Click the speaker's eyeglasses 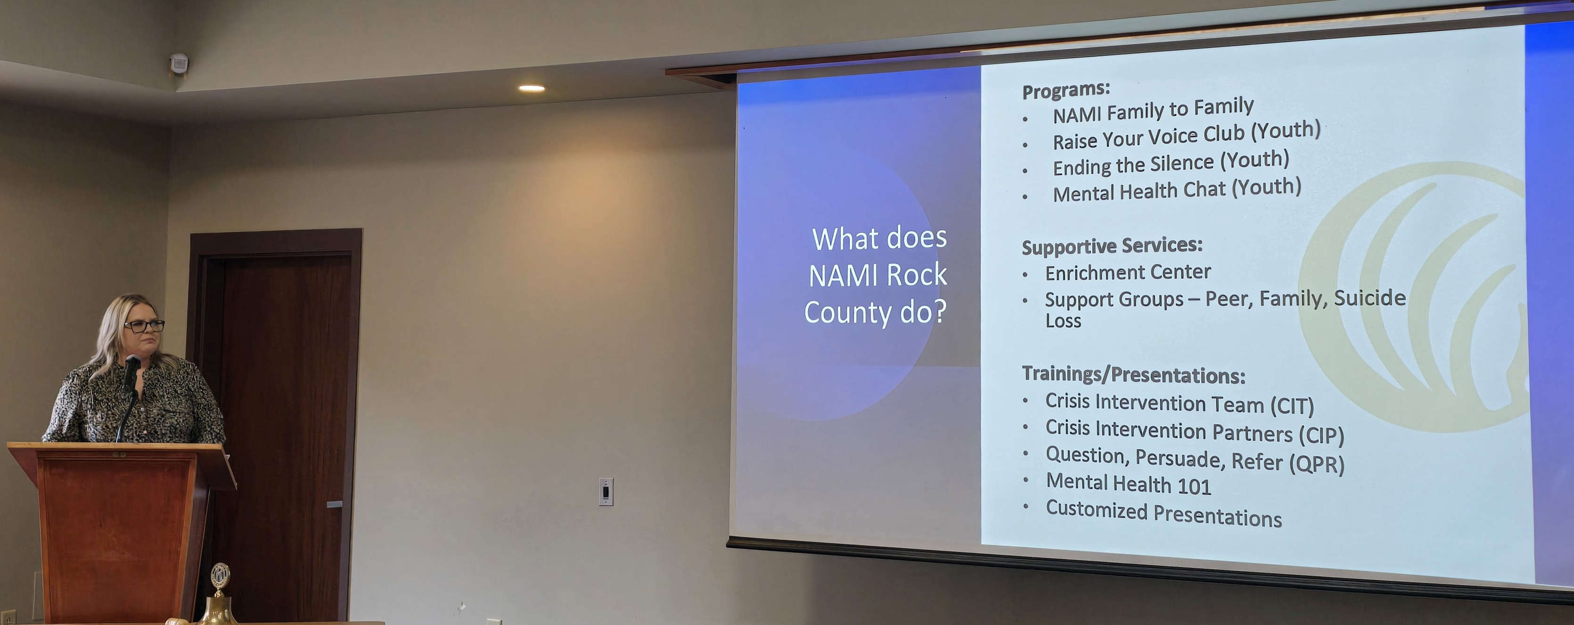144,325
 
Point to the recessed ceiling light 532,89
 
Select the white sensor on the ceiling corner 179,63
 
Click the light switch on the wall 606,492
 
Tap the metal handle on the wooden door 334,504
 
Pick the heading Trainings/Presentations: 1133,374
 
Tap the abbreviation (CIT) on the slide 1292,406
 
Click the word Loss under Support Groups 1063,321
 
